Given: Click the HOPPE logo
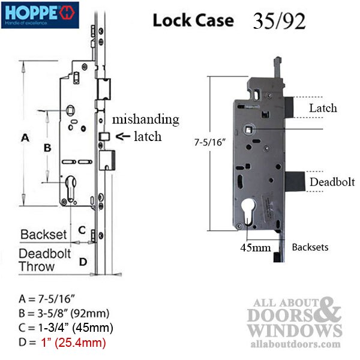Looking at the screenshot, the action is pyautogui.click(x=40, y=15).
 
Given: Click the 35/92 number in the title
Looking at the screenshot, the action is pyautogui.click(x=279, y=21).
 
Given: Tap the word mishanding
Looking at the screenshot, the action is pyautogui.click(x=146, y=119).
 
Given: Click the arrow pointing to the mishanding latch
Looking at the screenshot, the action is pyautogui.click(x=123, y=136).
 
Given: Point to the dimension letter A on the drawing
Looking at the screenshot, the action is pyautogui.click(x=25, y=138).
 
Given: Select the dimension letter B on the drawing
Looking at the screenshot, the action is pyautogui.click(x=47, y=148).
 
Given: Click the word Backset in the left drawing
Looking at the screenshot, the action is pyautogui.click(x=43, y=235).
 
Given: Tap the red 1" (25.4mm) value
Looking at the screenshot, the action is pyautogui.click(x=73, y=343).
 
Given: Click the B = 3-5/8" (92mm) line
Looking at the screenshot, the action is pyautogui.click(x=64, y=313).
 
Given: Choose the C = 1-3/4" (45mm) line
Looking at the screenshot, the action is pyautogui.click(x=66, y=328).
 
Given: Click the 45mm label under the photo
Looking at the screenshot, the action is pyautogui.click(x=256, y=248).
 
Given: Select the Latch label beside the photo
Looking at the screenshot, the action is pyautogui.click(x=323, y=108).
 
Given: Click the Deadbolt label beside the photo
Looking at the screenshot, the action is pyautogui.click(x=332, y=182).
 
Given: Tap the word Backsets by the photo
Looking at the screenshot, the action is pyautogui.click(x=310, y=247).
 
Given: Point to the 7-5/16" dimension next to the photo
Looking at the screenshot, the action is pyautogui.click(x=210, y=142).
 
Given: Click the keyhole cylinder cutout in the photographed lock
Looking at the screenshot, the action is pyautogui.click(x=248, y=211).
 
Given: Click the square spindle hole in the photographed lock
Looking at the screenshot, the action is pyautogui.click(x=248, y=130).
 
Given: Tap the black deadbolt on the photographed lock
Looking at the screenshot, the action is pyautogui.click(x=295, y=181).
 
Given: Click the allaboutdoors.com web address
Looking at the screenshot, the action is pyautogui.click(x=295, y=344).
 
